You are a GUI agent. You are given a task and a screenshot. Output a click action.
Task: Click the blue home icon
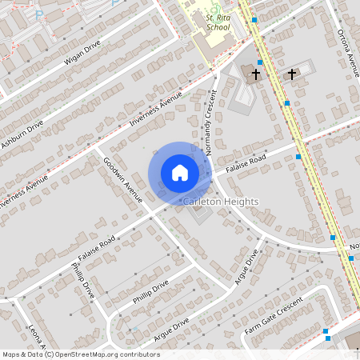[x=179, y=172]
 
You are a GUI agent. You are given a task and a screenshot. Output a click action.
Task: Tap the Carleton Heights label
[x=221, y=202]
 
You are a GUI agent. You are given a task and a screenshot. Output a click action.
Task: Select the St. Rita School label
[x=218, y=22]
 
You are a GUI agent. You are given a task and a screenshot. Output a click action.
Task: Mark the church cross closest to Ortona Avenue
[x=292, y=74]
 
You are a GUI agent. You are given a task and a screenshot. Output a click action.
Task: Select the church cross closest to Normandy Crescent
[x=256, y=74]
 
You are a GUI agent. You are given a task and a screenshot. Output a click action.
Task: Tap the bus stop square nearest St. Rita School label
[x=254, y=19]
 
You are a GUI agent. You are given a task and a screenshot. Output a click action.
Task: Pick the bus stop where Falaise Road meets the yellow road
[x=298, y=158]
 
